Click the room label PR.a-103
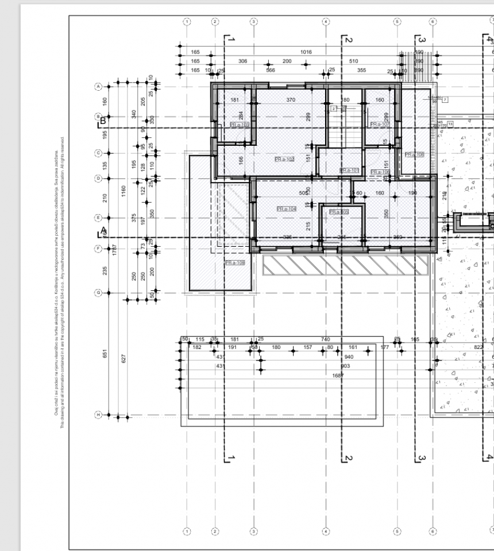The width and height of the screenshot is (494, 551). click(239, 125)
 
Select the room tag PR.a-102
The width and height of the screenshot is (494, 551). click(284, 159)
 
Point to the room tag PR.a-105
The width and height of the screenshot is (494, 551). click(339, 212)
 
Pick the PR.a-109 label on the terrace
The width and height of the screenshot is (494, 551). click(234, 262)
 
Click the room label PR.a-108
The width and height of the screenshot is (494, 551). click(414, 154)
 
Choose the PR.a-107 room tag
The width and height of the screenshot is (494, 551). click(380, 125)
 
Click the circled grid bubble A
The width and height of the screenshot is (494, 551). click(98, 87)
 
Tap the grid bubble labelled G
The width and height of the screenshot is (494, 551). click(98, 293)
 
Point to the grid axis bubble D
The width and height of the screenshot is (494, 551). click(98, 178)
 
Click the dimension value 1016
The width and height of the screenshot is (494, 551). click(306, 52)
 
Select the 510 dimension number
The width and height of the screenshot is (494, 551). click(353, 61)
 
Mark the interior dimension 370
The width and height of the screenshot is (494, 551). click(290, 100)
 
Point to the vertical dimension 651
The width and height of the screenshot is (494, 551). click(105, 354)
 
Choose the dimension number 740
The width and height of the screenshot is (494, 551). click(326, 340)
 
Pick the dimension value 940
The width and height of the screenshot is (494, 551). click(347, 356)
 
